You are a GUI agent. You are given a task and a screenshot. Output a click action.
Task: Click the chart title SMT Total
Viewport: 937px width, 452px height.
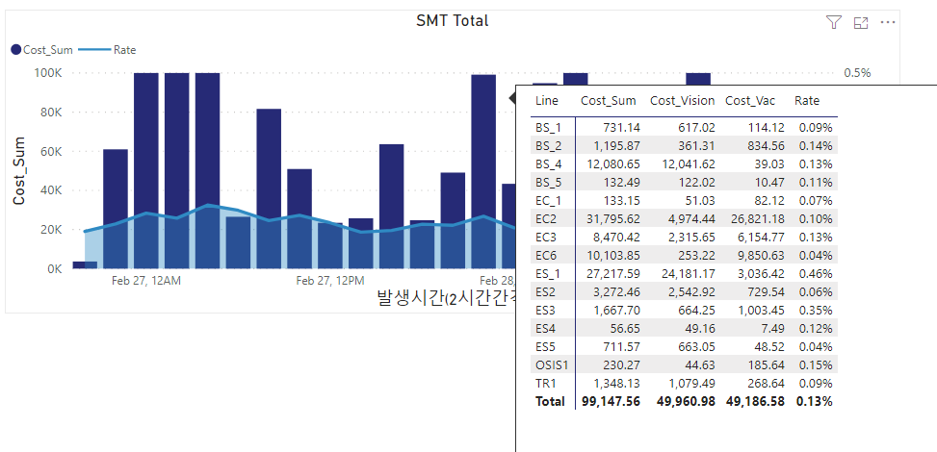coord(453,21)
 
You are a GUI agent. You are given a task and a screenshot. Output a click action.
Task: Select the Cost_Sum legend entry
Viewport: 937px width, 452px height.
coord(41,50)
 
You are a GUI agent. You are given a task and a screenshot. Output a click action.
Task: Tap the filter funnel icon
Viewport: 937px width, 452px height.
coord(834,23)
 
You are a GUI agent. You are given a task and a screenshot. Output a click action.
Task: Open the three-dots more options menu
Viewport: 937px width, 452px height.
coord(888,23)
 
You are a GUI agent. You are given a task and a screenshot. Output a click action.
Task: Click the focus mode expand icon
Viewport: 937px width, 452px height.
coord(861,23)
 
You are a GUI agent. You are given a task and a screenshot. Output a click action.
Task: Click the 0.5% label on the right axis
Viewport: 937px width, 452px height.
coord(857,73)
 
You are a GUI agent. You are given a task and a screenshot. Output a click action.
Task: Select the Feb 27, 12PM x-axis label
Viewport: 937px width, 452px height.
coord(330,281)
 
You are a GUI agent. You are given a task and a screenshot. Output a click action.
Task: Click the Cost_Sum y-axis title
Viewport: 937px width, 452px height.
coord(19,170)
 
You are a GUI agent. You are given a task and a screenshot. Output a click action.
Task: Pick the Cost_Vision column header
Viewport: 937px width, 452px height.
coord(683,101)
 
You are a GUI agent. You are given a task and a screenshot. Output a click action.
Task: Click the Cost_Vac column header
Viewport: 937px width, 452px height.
coord(750,101)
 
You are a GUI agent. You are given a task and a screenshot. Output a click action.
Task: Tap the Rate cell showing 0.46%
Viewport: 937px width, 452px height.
coord(816,273)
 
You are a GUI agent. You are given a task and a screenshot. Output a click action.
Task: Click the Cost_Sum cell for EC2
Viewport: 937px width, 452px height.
coord(611,218)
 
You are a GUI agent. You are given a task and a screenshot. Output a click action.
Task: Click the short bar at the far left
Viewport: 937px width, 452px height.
coord(85,265)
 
